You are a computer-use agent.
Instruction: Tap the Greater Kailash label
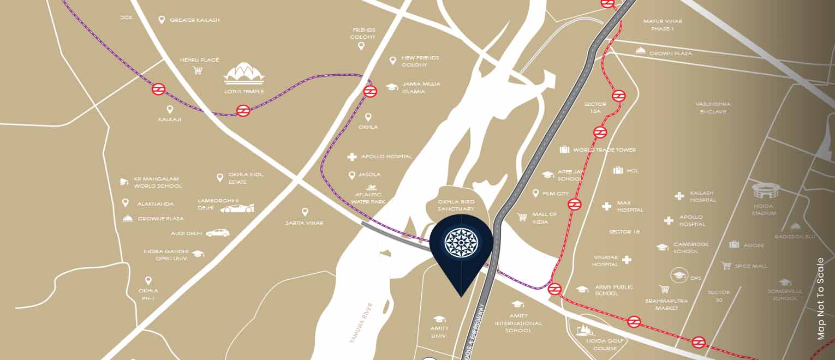[195, 20]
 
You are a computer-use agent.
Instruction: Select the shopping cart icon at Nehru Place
[198, 70]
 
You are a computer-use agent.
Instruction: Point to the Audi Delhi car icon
[217, 233]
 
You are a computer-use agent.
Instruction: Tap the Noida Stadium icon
[764, 191]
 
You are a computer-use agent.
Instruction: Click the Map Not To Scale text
[821, 298]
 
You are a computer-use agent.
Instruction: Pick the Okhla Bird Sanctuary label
[456, 205]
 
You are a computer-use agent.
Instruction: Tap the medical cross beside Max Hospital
[606, 206]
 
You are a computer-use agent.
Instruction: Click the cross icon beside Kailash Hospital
[679, 196]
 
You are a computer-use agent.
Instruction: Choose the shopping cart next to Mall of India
[522, 217]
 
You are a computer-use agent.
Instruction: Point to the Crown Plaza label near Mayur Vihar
[671, 53]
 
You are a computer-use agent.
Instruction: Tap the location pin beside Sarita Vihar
[305, 212]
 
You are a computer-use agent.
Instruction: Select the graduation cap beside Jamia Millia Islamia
[391, 87]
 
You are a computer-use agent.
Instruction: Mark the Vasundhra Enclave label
[713, 107]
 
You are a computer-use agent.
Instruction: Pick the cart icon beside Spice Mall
[726, 266]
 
